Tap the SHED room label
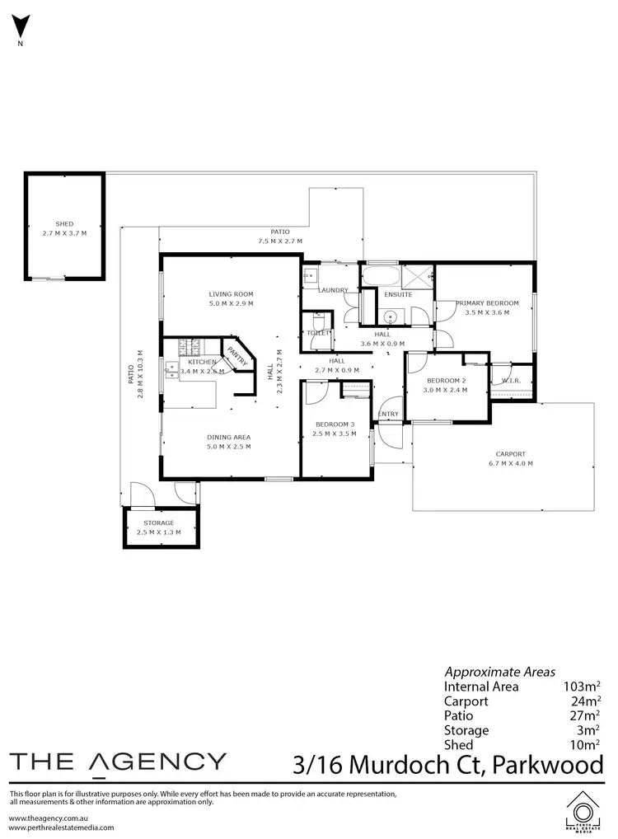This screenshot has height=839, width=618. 64,223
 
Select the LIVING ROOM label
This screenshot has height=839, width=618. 231,294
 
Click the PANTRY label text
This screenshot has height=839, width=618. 236,355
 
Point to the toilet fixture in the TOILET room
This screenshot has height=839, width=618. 318,324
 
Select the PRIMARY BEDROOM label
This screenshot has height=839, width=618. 487,303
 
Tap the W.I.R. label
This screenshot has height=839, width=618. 511,380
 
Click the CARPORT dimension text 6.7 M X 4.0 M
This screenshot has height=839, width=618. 510,464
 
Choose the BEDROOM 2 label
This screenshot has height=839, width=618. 445,380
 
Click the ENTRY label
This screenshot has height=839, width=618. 388,414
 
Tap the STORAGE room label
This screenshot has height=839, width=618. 158,523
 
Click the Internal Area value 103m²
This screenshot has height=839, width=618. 579,686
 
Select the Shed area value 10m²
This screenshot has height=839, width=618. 583,745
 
